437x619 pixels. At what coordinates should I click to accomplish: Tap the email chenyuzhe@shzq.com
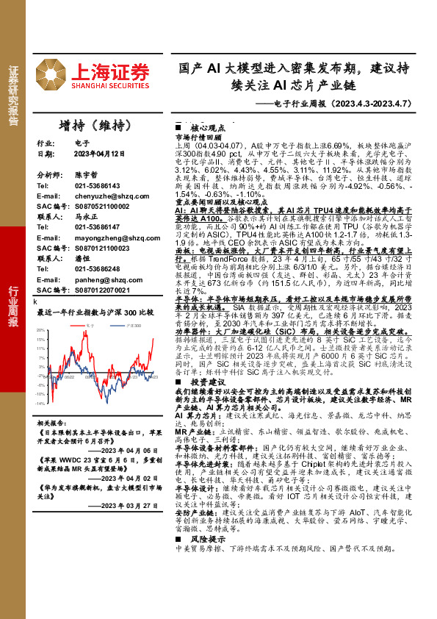click(x=108, y=196)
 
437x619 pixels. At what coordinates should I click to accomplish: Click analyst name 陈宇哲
click(x=86, y=176)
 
